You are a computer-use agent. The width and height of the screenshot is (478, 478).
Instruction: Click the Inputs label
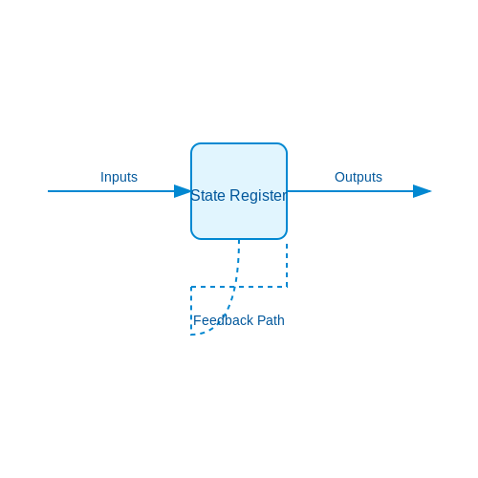tap(119, 177)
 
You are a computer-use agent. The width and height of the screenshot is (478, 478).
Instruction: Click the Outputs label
tap(358, 177)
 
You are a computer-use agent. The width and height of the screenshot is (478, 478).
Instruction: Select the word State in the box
tap(207, 195)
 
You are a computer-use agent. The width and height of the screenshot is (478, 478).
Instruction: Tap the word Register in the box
tap(258, 196)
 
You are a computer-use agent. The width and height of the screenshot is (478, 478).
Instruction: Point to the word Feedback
tap(223, 320)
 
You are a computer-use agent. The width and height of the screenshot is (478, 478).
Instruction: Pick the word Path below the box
tap(271, 320)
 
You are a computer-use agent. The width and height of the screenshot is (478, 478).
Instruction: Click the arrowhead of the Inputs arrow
tap(183, 191)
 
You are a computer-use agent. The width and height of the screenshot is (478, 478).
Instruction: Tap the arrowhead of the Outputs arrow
tap(423, 191)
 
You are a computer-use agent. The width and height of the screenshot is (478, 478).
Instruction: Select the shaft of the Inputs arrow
tap(111, 191)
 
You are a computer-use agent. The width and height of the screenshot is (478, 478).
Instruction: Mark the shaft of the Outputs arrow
tap(350, 191)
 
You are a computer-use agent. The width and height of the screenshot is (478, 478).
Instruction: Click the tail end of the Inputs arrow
tap(48, 191)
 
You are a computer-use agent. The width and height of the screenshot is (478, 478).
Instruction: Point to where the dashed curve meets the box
tap(239, 239)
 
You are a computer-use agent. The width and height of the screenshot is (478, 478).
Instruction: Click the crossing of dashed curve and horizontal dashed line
tap(235, 287)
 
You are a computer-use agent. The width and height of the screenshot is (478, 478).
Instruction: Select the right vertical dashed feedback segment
tap(287, 265)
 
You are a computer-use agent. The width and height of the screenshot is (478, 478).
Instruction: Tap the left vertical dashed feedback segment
tap(191, 311)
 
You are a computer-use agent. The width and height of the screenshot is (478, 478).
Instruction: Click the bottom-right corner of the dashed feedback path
tap(287, 287)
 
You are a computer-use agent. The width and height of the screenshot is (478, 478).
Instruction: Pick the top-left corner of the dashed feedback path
tap(191, 287)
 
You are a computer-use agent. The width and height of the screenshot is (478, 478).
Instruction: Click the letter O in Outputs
tap(339, 177)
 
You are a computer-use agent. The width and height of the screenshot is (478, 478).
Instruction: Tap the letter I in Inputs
tap(102, 177)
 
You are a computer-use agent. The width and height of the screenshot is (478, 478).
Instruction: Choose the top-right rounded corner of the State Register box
tap(284, 146)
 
